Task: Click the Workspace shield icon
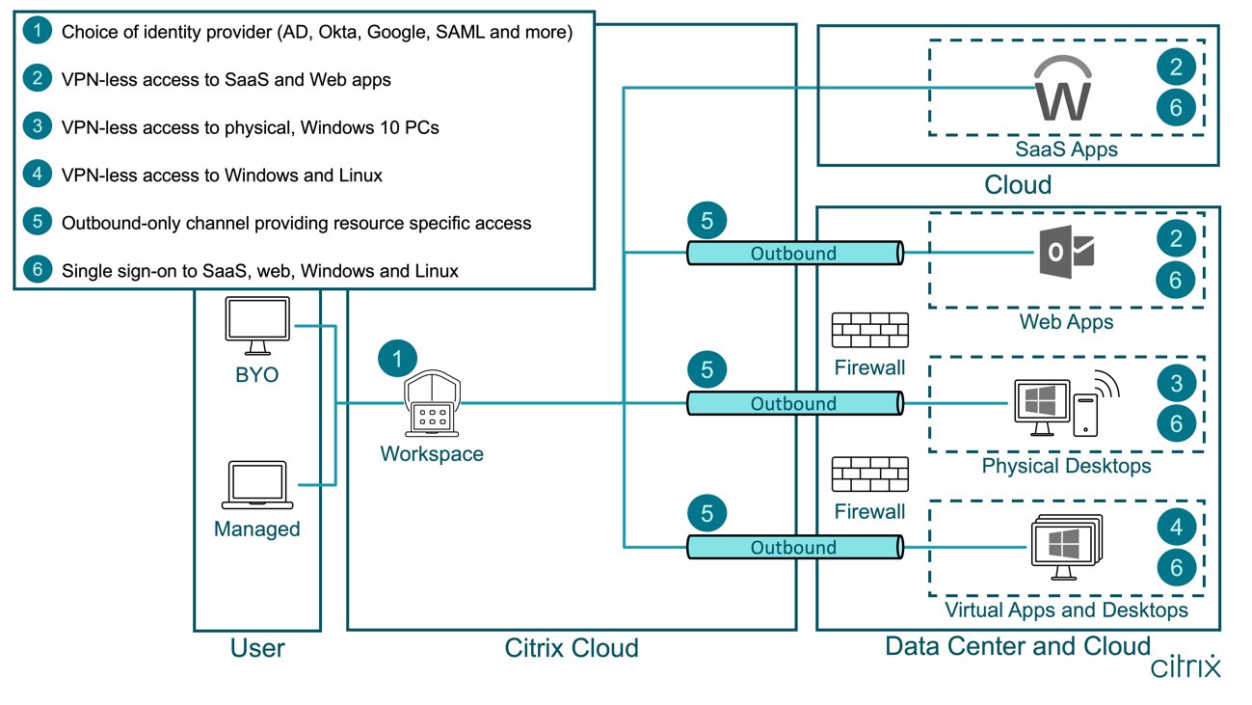click(x=431, y=407)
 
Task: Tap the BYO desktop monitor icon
click(x=256, y=325)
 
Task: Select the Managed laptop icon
click(x=256, y=484)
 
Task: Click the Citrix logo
click(x=1185, y=666)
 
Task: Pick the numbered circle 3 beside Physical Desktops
click(x=1176, y=383)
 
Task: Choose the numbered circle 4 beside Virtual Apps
click(x=1176, y=528)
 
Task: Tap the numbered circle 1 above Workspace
click(x=397, y=358)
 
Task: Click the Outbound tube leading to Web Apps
click(x=793, y=254)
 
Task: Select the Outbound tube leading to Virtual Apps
click(x=793, y=547)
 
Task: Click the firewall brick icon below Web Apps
click(x=869, y=331)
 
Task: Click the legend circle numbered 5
click(x=37, y=223)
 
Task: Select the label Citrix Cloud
click(x=572, y=648)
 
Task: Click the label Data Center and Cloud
click(x=1018, y=645)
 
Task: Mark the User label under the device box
click(x=257, y=648)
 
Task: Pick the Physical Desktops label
click(x=1066, y=466)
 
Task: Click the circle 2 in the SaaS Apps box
click(x=1176, y=67)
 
